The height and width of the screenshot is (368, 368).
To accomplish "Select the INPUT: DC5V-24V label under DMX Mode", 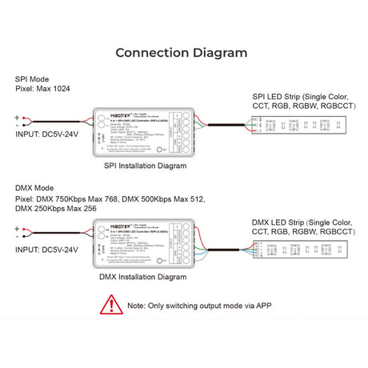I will (47, 250).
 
